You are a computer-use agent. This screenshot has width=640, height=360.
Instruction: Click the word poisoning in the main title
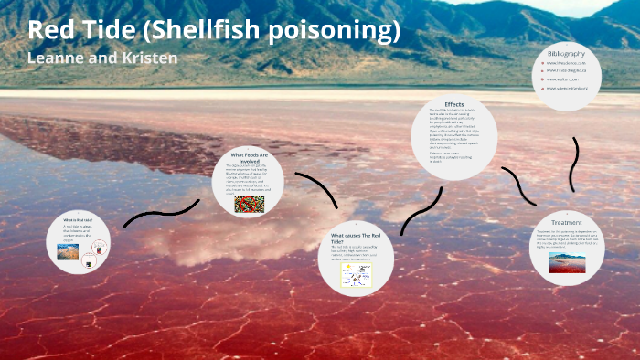(332, 31)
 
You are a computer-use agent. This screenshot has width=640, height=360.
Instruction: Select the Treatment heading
(566, 222)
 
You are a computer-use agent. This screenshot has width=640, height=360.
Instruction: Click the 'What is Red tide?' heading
(77, 221)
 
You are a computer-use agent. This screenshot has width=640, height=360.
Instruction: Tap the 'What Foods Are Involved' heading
(250, 155)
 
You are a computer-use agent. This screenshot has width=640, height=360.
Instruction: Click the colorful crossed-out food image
(249, 204)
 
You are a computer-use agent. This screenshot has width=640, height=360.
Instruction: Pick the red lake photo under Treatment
(567, 263)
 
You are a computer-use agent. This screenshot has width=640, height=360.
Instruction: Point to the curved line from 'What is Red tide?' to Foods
(160, 214)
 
